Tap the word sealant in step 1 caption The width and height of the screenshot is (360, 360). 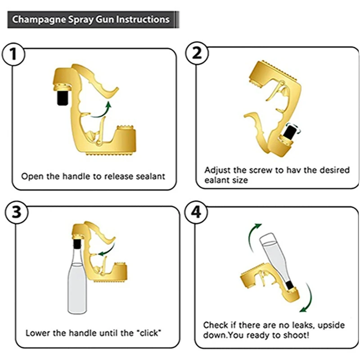click(x=151, y=176)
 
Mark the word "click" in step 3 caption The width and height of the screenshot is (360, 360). click(x=148, y=333)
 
